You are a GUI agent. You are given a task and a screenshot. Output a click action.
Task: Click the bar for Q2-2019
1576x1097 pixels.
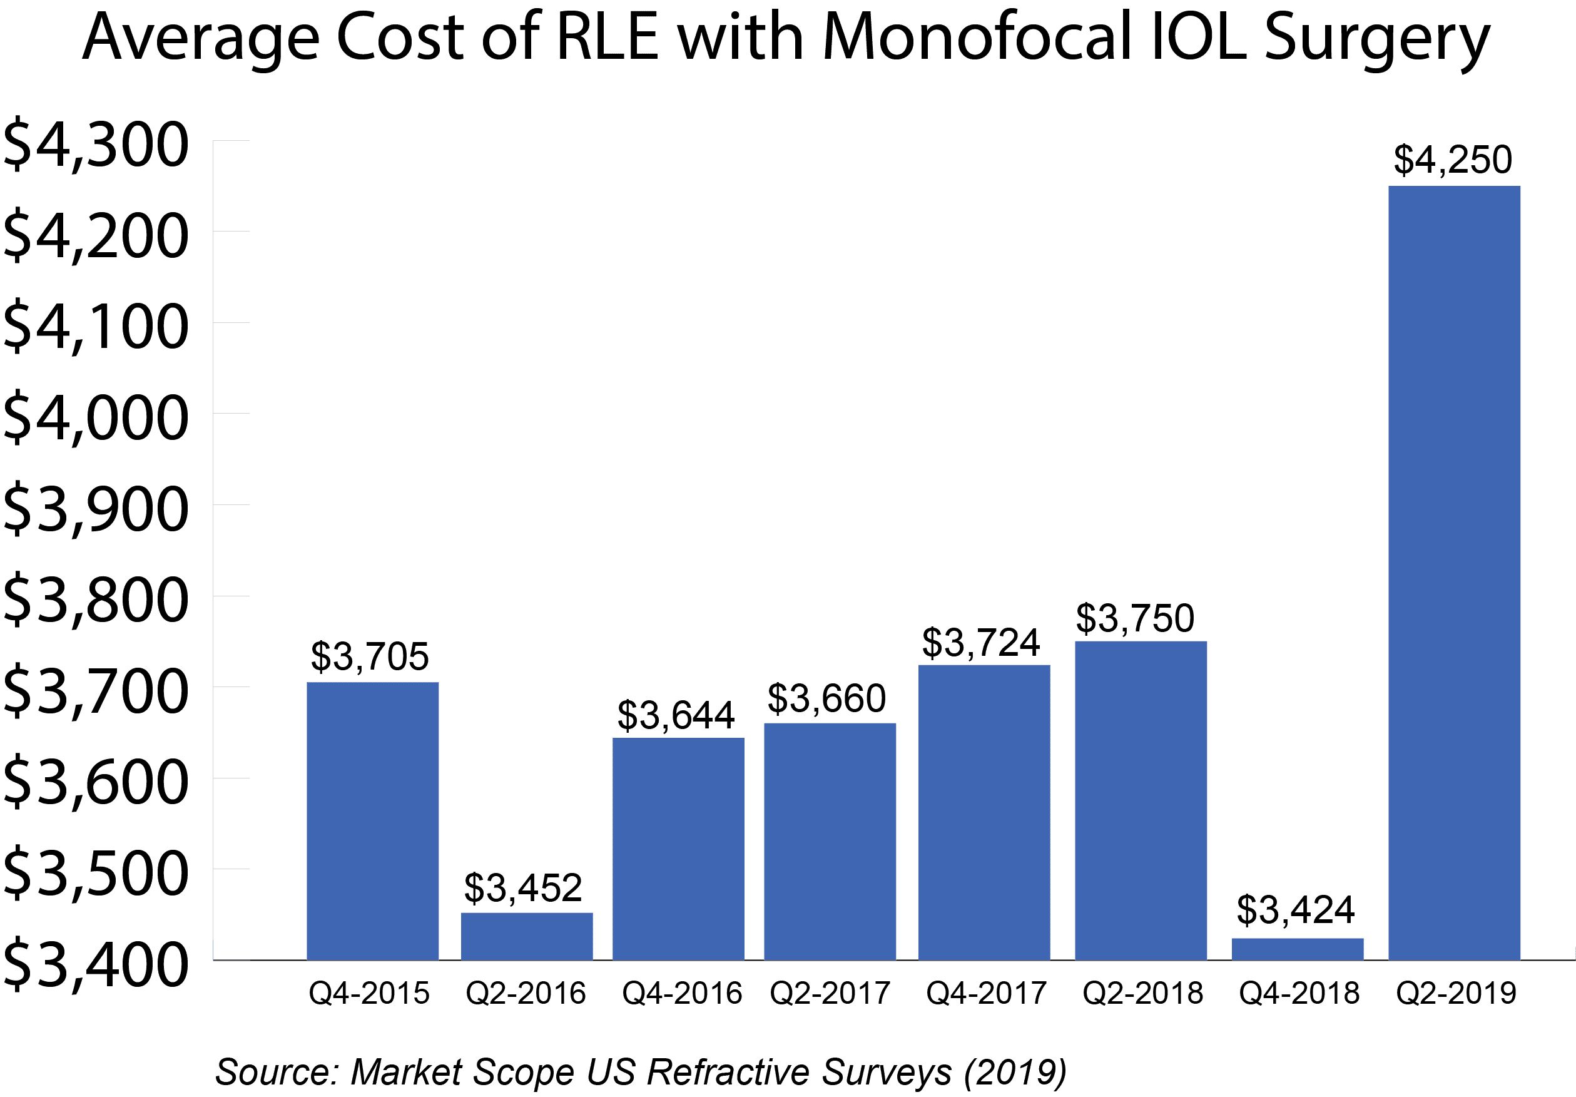(1454, 573)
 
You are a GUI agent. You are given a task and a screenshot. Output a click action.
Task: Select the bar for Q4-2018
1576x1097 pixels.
(1298, 949)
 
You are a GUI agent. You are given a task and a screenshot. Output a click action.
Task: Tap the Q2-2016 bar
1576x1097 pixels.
(526, 936)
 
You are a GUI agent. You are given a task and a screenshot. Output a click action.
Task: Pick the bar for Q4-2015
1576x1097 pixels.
(372, 820)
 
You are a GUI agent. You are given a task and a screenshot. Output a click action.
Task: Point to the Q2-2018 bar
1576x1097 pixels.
(1140, 800)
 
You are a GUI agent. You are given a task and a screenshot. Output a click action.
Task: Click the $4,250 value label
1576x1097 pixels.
(1453, 160)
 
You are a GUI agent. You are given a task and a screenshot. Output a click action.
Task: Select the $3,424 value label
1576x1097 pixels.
(1295, 911)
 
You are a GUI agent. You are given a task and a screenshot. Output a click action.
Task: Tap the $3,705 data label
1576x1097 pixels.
(369, 656)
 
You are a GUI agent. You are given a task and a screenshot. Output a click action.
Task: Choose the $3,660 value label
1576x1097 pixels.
(826, 698)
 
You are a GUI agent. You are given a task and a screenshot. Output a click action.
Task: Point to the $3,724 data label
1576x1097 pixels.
(981, 643)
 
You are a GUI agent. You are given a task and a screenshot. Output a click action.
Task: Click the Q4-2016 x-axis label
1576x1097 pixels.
(681, 993)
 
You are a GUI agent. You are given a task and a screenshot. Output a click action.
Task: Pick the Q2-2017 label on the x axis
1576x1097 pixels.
(830, 993)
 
